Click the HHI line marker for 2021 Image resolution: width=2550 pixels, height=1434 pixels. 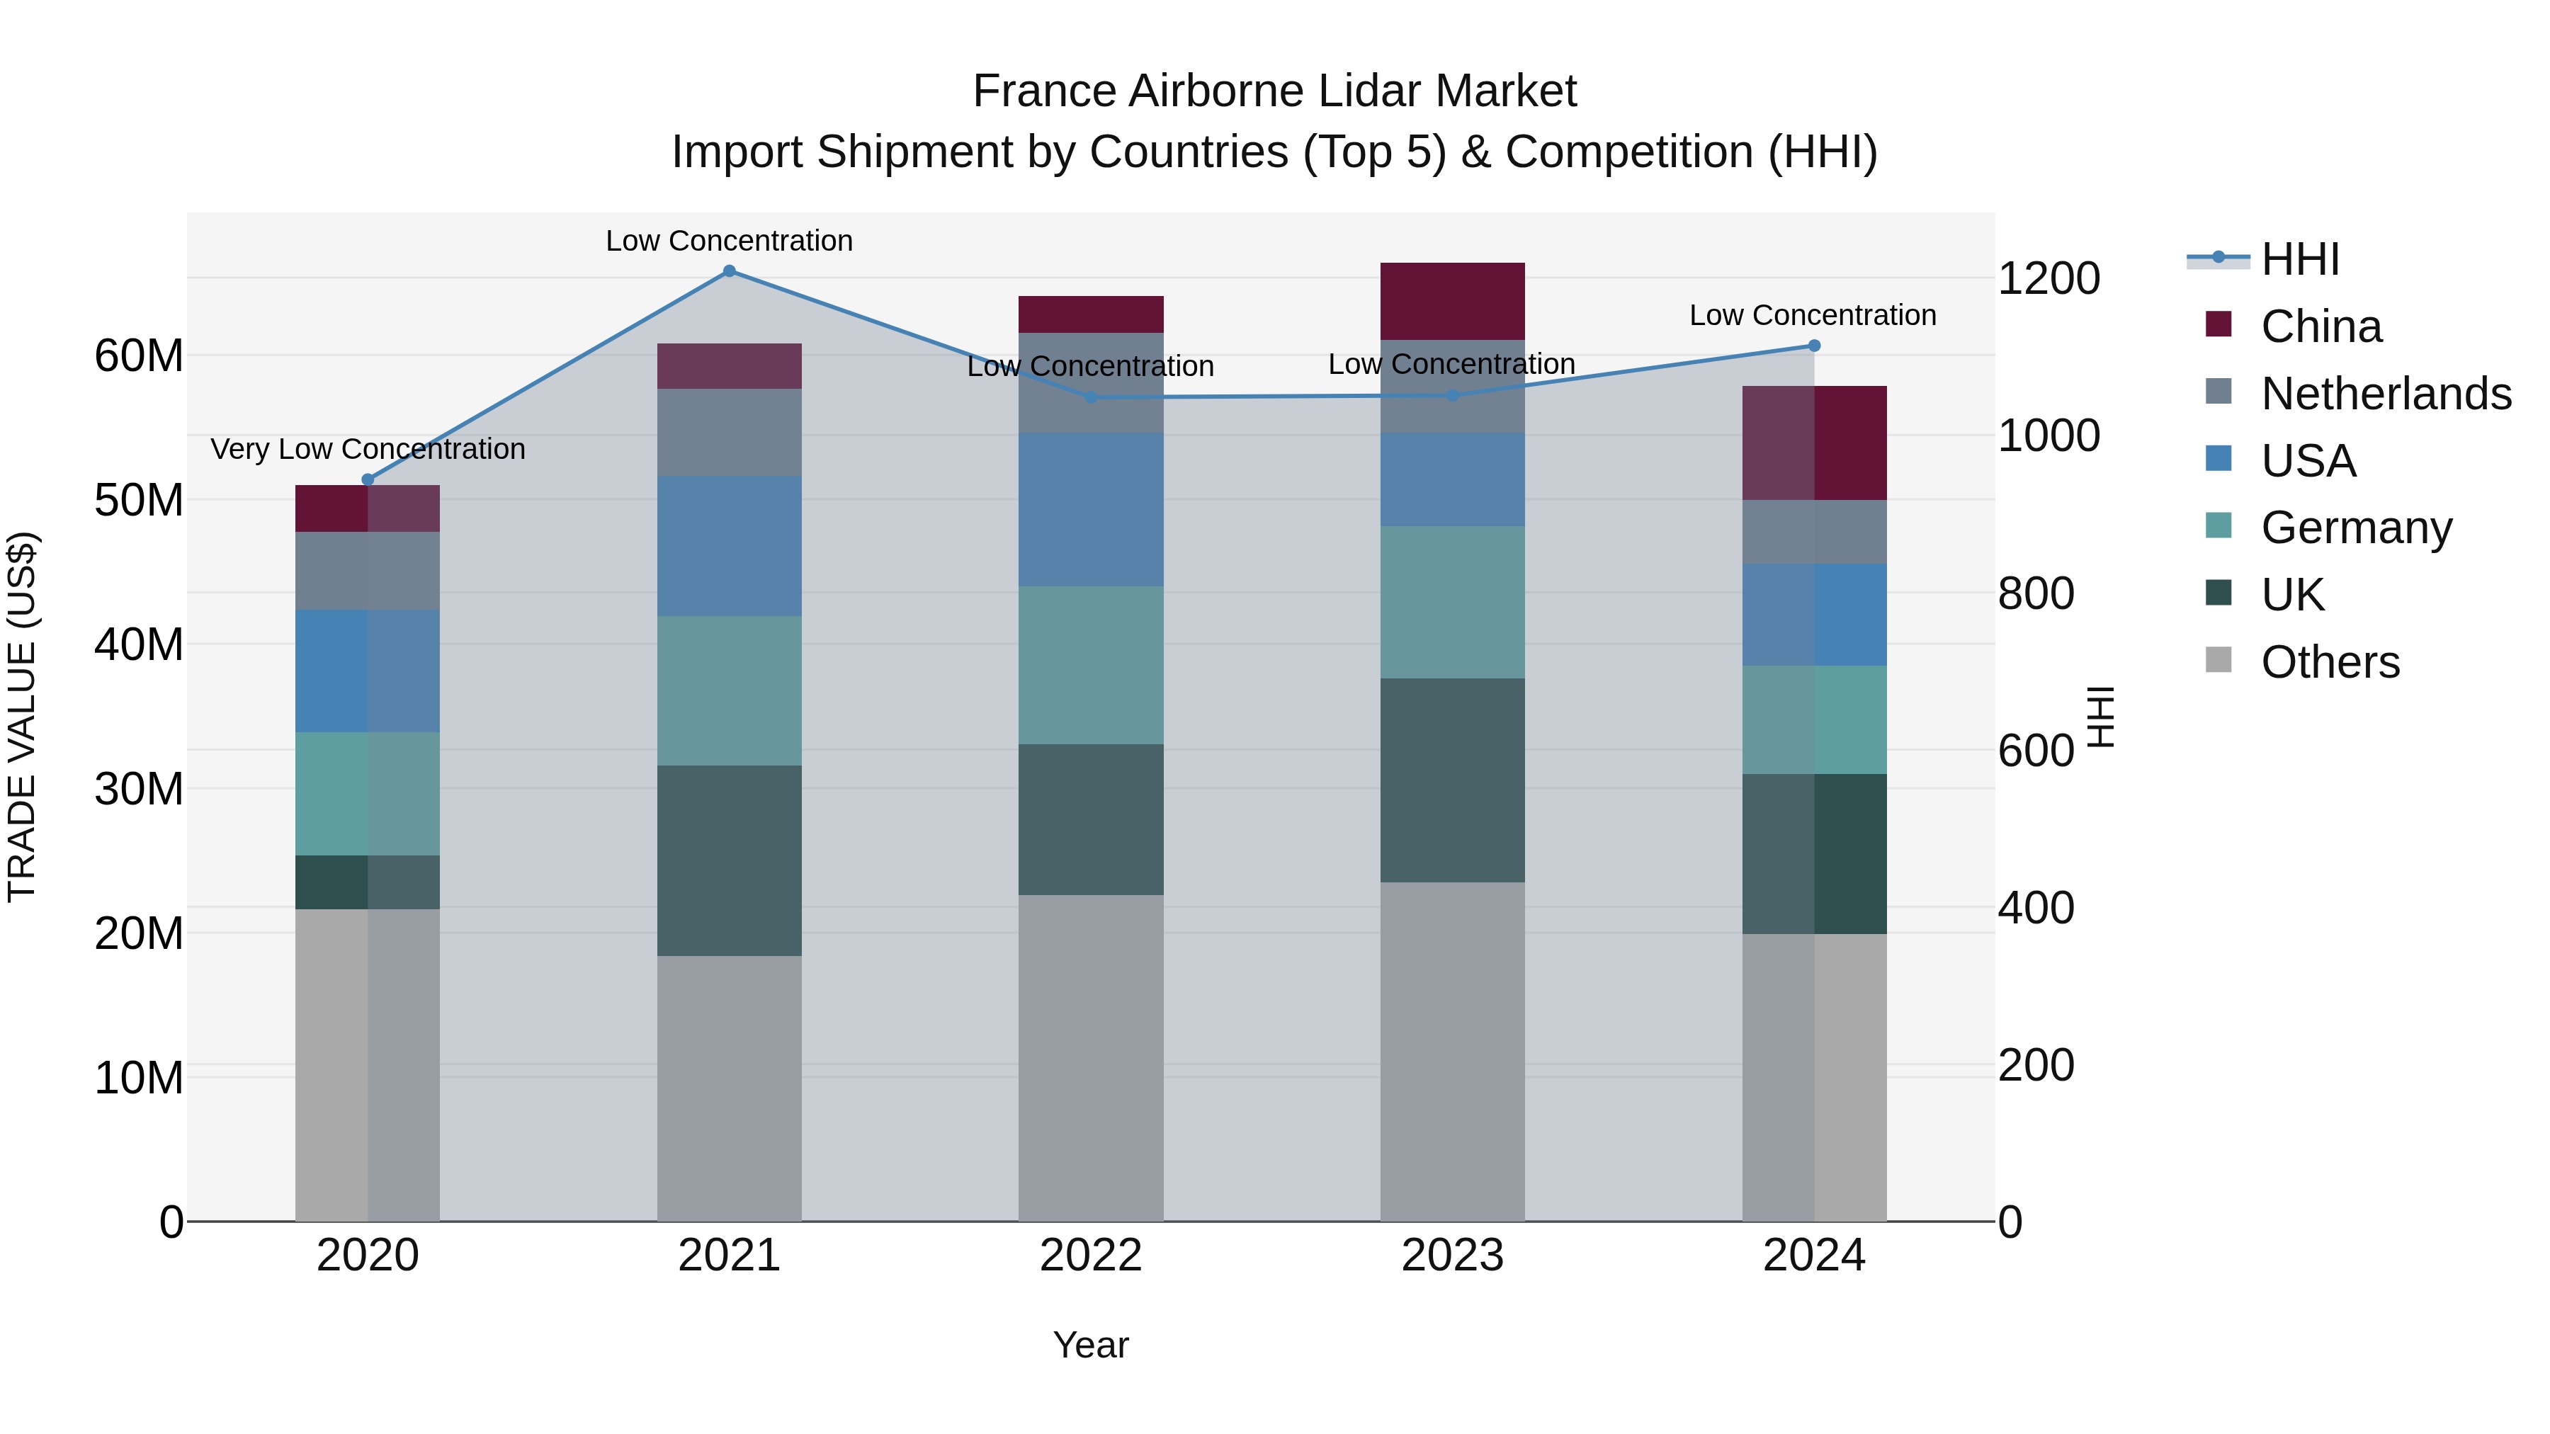pos(729,271)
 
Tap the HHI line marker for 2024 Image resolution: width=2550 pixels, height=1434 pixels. pos(1813,346)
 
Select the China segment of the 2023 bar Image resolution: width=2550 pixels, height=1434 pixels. pos(1451,301)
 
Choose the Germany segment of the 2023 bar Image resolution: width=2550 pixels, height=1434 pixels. pos(1451,602)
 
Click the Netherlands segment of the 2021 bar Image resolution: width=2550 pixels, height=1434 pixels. pos(729,433)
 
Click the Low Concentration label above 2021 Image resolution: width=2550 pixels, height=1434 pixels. pos(729,241)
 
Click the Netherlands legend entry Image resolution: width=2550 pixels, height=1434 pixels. pos(2384,394)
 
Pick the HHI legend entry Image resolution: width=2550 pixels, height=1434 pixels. pos(2299,259)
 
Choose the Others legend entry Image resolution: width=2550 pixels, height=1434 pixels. pos(2328,662)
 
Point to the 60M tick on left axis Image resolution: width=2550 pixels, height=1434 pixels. pos(139,355)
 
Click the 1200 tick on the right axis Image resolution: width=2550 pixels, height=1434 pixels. pos(2048,278)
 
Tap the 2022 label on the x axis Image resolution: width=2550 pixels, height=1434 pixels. pos(1090,1256)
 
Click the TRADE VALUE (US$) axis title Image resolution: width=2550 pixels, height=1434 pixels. pos(22,717)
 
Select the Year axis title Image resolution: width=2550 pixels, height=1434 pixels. pos(1090,1345)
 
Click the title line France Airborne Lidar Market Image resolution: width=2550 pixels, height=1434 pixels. pos(1274,91)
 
